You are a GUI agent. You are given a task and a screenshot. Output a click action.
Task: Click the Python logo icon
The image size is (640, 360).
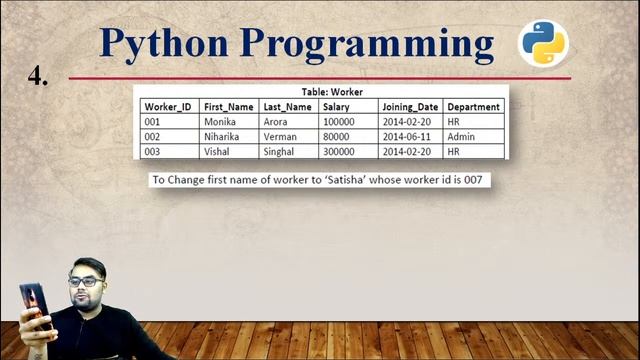pos(543,43)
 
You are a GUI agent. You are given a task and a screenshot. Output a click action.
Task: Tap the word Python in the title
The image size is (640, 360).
pos(168,44)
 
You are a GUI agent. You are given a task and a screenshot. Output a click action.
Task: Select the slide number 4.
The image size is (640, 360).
pos(38,75)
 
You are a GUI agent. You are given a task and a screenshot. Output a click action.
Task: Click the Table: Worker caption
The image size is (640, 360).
pos(332,92)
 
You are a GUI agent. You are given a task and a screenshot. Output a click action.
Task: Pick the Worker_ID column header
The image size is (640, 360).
pos(167,107)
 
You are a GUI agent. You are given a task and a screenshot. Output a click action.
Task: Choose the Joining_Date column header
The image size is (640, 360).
pos(409,107)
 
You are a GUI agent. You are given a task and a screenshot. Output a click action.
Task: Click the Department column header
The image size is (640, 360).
pos(473,107)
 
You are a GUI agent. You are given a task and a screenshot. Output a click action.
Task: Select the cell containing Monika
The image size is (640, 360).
pos(219,122)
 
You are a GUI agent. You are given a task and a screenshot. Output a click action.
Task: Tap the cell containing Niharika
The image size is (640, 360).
pos(222,137)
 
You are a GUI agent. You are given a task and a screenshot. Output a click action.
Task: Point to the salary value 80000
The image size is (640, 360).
pos(336,137)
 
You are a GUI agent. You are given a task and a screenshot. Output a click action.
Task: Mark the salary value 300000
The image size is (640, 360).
pos(338,152)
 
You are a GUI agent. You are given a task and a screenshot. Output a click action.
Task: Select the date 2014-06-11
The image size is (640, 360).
pos(406,137)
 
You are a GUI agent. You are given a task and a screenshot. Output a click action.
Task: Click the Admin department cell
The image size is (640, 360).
pos(460,137)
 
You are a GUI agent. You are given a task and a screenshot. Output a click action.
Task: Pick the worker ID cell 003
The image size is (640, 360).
pos(153,152)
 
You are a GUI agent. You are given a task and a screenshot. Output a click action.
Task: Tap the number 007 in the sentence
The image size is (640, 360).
pos(480,181)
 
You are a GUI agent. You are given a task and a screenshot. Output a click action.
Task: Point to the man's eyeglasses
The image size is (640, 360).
pos(84,282)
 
